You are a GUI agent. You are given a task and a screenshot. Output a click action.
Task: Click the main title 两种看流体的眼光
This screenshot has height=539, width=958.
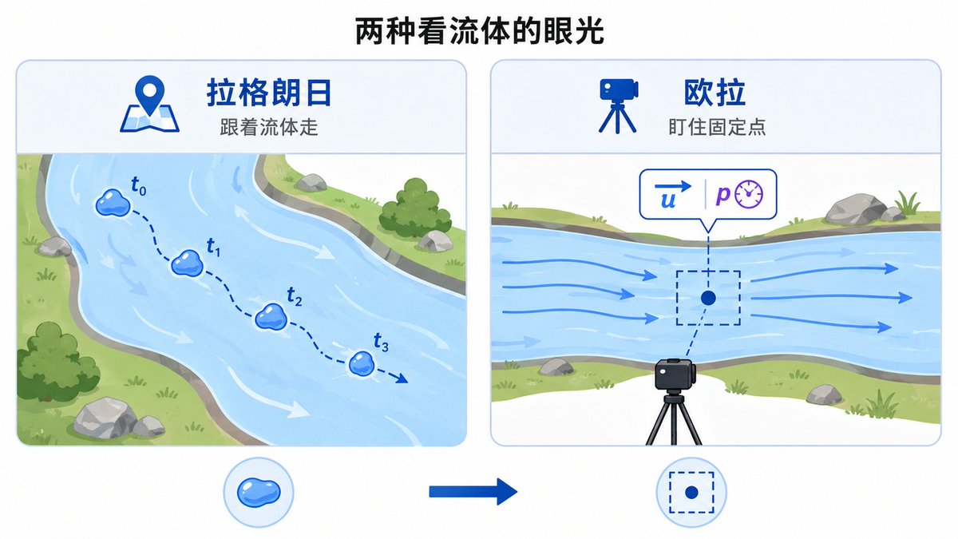pos(479,31)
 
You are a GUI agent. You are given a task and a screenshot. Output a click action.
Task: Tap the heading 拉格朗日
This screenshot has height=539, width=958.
pos(269,92)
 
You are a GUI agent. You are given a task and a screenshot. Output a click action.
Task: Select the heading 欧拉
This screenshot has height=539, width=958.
pos(715,92)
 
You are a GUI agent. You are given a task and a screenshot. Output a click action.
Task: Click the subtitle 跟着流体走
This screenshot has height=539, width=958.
pos(269,127)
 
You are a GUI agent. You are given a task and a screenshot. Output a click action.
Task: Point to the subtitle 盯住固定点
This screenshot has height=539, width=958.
pos(717,127)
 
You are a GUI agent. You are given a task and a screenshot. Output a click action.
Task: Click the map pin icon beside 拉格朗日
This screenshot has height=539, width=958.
pos(149,104)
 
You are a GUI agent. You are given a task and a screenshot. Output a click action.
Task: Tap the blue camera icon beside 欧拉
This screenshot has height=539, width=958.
pos(618,105)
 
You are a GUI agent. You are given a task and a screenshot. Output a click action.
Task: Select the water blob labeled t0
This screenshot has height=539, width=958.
pos(113,202)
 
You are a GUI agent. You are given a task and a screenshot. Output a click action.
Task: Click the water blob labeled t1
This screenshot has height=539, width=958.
pos(187,263)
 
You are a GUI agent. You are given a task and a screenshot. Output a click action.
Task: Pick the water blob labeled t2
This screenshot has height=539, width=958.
pos(271,317)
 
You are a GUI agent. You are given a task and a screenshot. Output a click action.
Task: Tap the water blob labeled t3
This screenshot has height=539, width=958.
pos(362,364)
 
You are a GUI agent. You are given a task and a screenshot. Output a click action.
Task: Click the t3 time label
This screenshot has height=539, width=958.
pos(381,343)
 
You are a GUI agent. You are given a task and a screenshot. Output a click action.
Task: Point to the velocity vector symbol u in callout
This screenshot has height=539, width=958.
pos(672,195)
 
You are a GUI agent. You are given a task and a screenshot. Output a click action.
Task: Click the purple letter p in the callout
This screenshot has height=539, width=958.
pos(722,195)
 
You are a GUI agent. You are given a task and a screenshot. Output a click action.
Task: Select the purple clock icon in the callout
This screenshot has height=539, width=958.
pos(749,194)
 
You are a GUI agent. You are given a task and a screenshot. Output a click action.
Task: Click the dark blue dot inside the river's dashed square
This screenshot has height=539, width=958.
pos(708,298)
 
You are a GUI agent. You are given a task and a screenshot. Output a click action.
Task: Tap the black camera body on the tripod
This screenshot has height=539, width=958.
pos(674,375)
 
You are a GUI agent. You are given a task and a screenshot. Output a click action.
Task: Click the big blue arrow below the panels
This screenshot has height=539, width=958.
pos(473,492)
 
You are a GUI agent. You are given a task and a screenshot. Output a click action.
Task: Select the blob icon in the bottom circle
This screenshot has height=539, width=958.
pos(259,493)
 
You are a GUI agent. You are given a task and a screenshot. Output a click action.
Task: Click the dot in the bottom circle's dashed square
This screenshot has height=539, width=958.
pos(691,493)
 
